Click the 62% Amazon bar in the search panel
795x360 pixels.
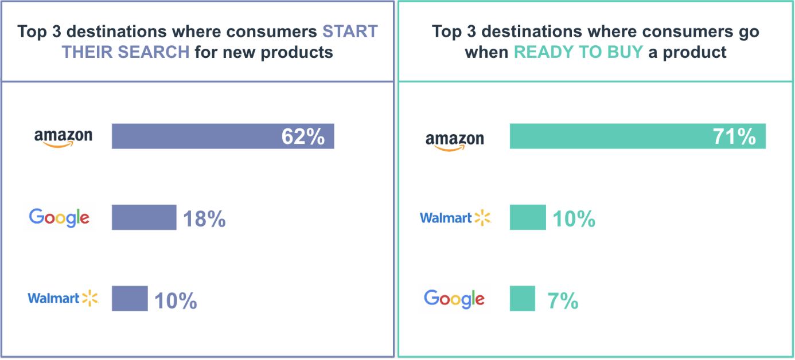click(195, 136)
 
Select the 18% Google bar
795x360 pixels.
click(144, 218)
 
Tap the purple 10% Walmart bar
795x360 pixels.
click(130, 299)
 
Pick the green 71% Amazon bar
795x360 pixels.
click(608, 136)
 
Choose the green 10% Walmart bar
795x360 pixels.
click(528, 218)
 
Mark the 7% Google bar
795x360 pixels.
click(522, 299)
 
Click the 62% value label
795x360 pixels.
click(303, 136)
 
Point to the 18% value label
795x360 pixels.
click(204, 219)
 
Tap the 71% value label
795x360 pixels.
click(734, 136)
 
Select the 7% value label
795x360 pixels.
click(563, 300)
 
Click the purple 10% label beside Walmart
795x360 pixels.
click(176, 300)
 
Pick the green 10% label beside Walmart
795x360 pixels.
click(574, 219)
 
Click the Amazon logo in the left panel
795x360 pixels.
click(63, 138)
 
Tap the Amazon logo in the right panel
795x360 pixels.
click(454, 140)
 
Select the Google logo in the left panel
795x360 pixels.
click(59, 218)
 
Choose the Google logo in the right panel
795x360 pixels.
click(454, 299)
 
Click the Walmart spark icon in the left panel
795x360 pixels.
click(91, 298)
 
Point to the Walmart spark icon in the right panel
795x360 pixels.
click(483, 218)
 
